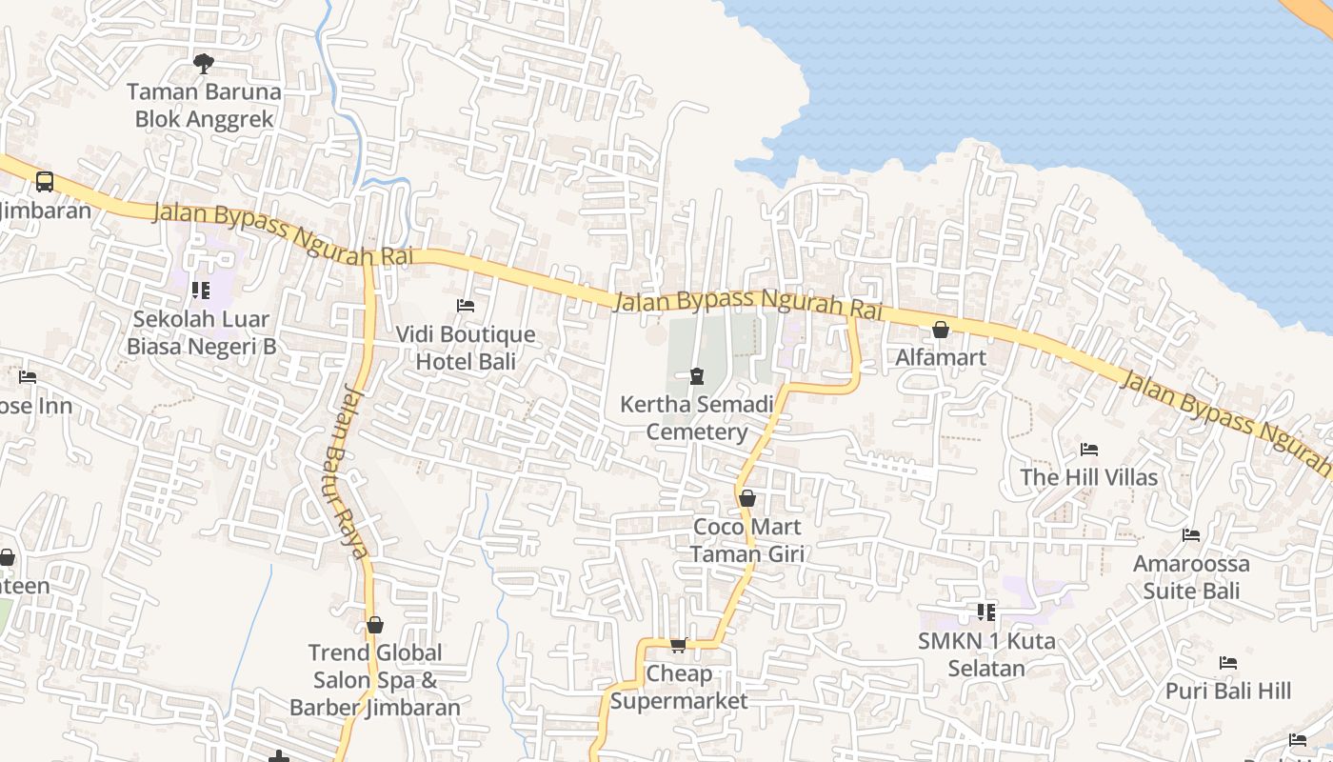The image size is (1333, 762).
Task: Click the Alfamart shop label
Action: pyautogui.click(x=941, y=357)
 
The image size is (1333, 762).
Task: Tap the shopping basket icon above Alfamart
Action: pyautogui.click(x=941, y=330)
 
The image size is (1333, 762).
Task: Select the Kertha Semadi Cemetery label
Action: pyautogui.click(x=697, y=418)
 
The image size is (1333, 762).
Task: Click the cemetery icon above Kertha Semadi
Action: pyautogui.click(x=697, y=376)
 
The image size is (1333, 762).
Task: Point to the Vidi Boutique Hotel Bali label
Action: pyautogui.click(x=466, y=348)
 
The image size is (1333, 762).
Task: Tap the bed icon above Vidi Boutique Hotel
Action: pyautogui.click(x=466, y=306)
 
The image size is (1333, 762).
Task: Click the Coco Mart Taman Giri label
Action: pyautogui.click(x=747, y=540)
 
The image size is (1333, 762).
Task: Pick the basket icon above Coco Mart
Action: pyautogui.click(x=747, y=498)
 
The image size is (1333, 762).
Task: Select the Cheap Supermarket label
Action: pyautogui.click(x=679, y=687)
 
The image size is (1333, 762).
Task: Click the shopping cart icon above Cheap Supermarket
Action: pyautogui.click(x=679, y=646)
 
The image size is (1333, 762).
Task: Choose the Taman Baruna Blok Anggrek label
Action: pyautogui.click(x=204, y=106)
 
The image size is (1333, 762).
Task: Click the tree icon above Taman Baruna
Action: pyautogui.click(x=203, y=64)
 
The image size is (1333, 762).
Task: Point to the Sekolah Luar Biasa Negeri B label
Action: pyautogui.click(x=202, y=332)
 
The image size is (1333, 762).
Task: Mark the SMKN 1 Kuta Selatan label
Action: pyautogui.click(x=986, y=654)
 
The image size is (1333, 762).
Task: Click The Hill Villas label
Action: pyautogui.click(x=1089, y=477)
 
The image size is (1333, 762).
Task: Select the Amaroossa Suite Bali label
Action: pyautogui.click(x=1191, y=577)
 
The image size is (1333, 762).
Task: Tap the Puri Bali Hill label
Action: pyautogui.click(x=1228, y=691)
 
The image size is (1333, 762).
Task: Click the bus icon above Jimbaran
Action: pyautogui.click(x=44, y=181)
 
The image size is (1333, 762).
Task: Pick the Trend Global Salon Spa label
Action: pyautogui.click(x=375, y=680)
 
